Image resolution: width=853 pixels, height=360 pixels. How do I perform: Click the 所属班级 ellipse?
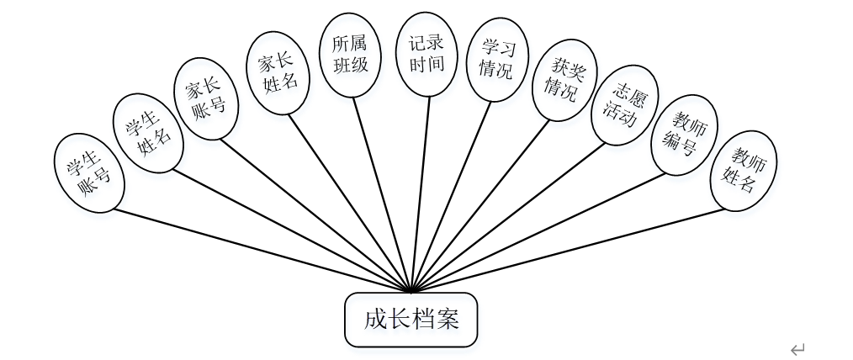[x=350, y=50]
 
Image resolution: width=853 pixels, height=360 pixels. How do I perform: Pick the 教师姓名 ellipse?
[x=743, y=170]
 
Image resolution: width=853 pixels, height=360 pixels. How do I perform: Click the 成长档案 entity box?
[x=411, y=320]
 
